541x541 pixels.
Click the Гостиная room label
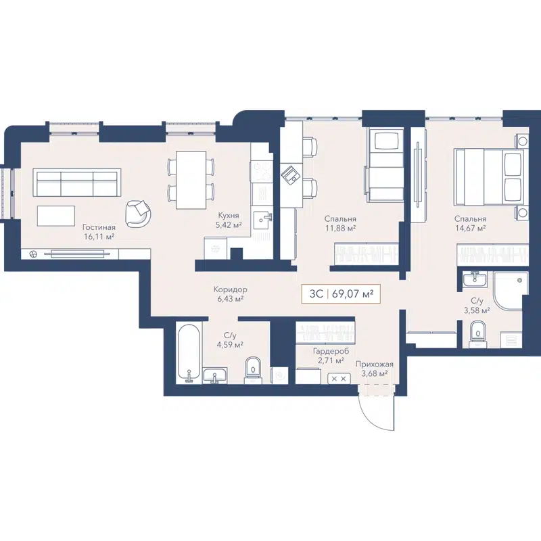[x=98, y=227]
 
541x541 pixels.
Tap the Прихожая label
[x=374, y=363]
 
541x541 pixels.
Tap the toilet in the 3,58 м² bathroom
[x=477, y=332]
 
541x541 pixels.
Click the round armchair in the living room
[x=139, y=214]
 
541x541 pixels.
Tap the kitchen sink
[x=262, y=218]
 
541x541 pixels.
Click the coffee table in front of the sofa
[x=56, y=216]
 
